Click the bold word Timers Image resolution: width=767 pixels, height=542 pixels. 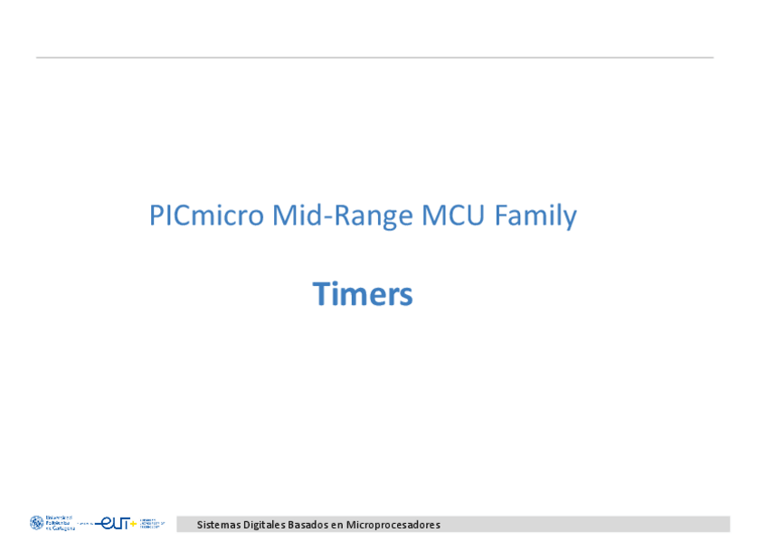click(x=363, y=294)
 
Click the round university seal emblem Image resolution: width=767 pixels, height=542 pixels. click(x=36, y=523)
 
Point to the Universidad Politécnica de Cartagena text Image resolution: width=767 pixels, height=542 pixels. click(x=59, y=523)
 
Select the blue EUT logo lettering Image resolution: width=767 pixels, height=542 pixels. click(x=114, y=523)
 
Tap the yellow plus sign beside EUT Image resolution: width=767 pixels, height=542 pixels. click(x=134, y=523)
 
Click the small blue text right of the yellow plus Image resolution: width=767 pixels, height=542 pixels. click(x=152, y=523)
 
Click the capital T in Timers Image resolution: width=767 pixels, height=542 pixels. click(x=321, y=294)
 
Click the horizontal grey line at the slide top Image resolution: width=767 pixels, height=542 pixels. click(x=374, y=58)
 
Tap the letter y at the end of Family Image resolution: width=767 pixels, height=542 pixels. click(x=571, y=220)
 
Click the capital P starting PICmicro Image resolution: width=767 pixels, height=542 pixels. click(x=156, y=216)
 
